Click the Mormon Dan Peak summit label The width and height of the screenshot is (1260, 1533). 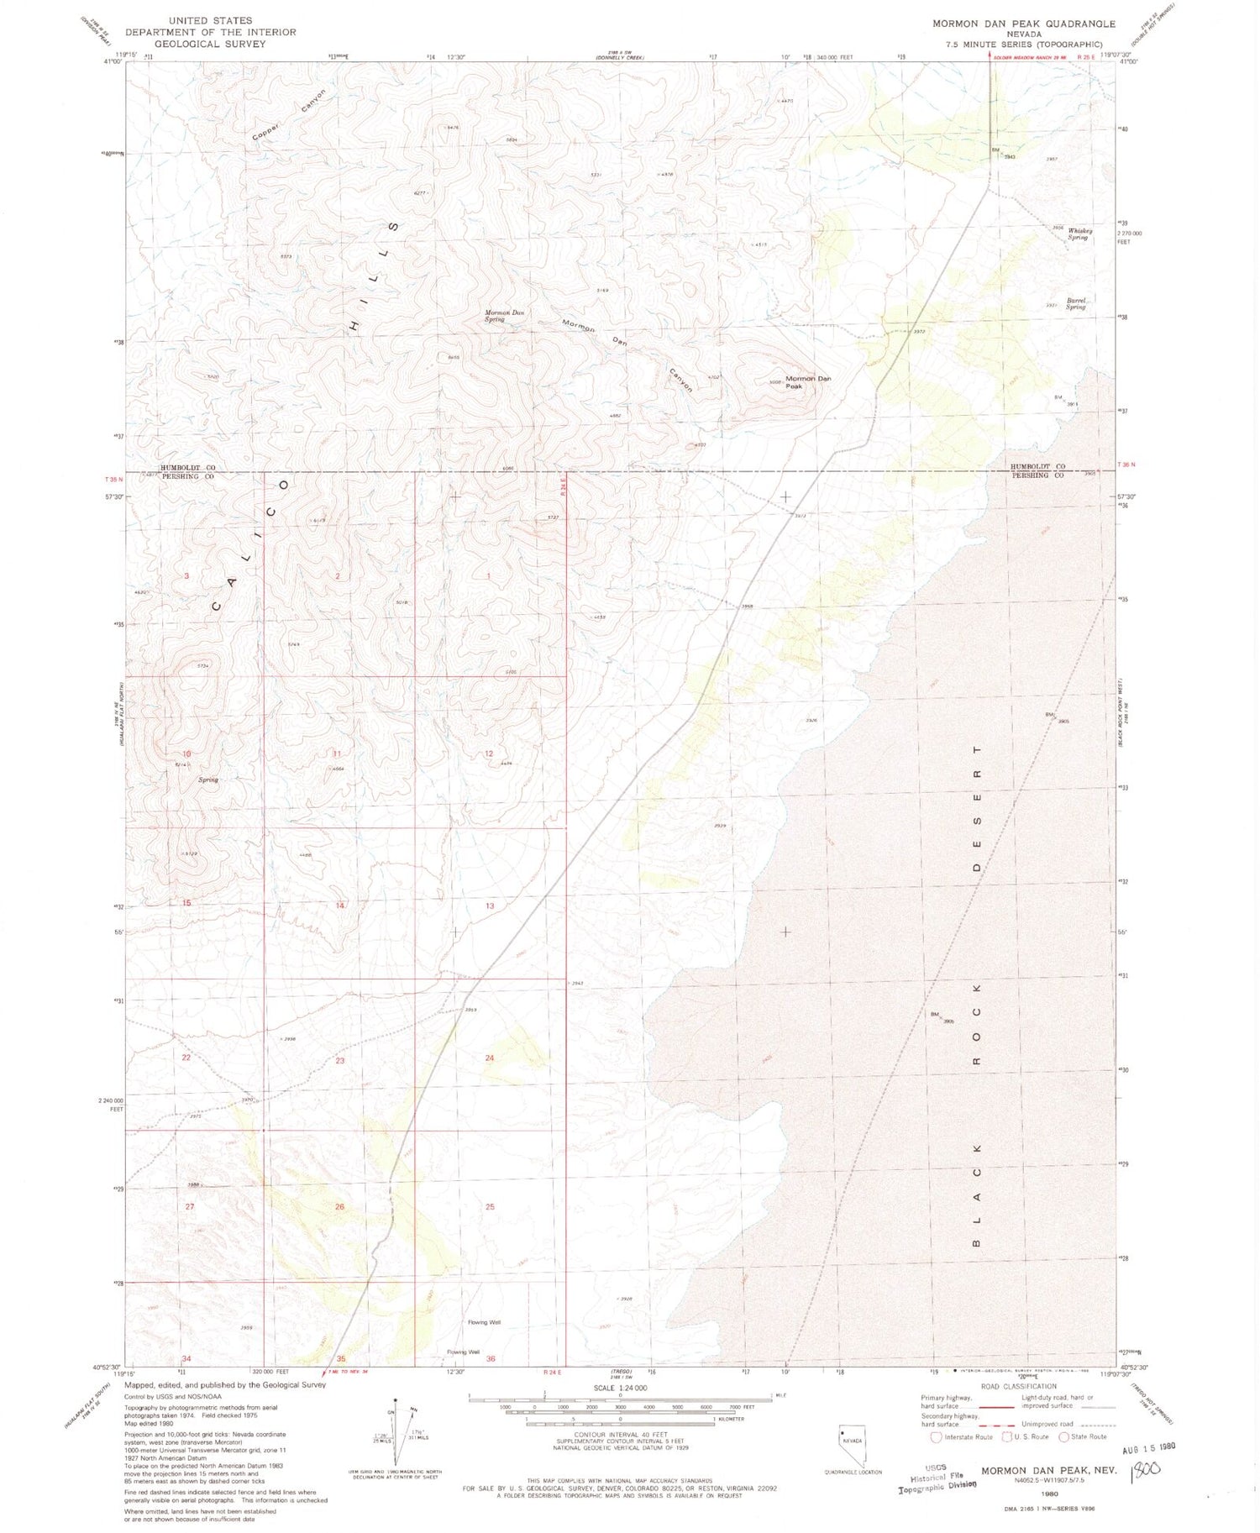[807, 382]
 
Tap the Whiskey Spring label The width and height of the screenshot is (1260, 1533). [1079, 234]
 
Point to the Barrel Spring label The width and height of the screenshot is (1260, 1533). [1076, 303]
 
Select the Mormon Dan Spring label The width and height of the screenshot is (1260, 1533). [504, 316]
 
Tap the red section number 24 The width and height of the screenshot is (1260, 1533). [489, 1058]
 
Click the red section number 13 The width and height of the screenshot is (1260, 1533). [490, 906]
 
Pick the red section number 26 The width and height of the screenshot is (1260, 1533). [339, 1207]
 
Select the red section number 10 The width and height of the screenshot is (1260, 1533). [186, 753]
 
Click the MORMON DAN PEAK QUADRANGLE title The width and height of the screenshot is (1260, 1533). [1024, 24]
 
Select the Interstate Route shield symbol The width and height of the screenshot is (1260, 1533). [937, 1436]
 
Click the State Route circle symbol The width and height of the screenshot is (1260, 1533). [1063, 1436]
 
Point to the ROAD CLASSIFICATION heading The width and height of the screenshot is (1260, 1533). [1018, 1386]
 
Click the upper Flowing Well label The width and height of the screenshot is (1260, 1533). [485, 1322]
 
